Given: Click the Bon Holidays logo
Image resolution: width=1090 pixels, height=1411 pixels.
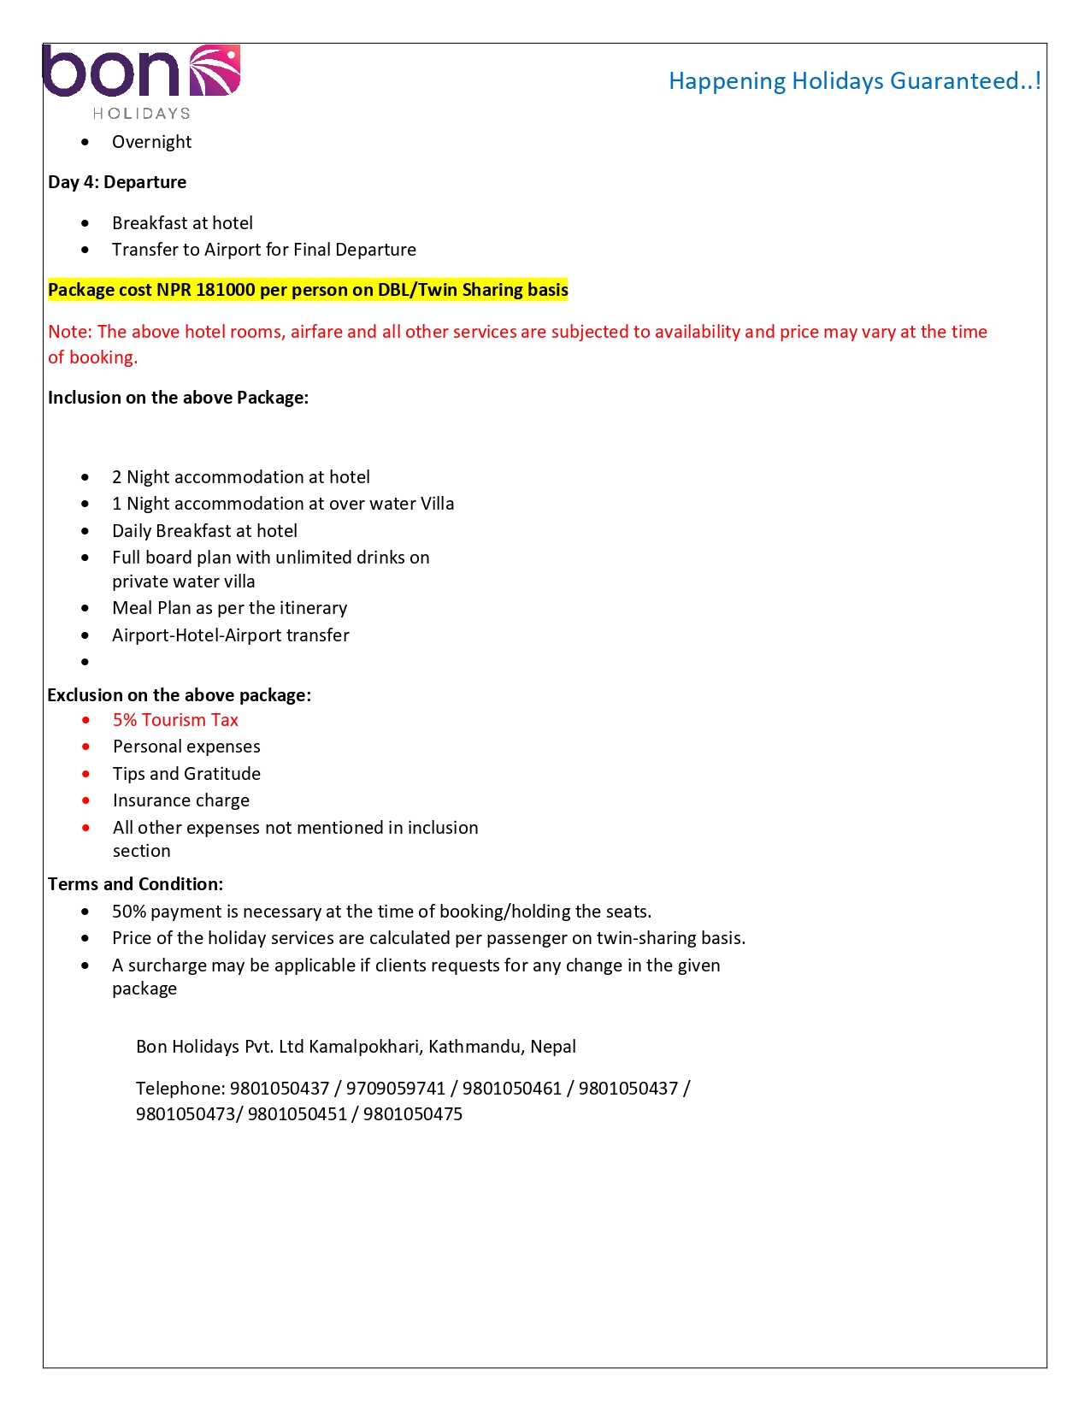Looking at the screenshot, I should [141, 81].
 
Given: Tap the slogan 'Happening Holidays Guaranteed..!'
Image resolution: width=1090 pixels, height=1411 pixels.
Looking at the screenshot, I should [854, 81].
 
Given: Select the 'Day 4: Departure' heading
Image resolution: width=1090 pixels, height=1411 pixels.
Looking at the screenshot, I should [117, 182].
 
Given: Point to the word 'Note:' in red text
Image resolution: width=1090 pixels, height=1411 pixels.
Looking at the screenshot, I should [70, 332].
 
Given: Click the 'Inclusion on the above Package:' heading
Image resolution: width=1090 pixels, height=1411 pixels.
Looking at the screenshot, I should [178, 398].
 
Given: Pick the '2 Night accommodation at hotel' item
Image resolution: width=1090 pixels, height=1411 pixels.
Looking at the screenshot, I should [241, 477].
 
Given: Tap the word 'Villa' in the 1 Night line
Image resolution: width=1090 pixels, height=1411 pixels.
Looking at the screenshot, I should [437, 504].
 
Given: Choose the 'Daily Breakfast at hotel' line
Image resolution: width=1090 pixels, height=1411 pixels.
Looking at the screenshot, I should [204, 531].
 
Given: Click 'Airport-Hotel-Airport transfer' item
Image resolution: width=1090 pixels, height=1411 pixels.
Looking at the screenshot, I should [231, 635].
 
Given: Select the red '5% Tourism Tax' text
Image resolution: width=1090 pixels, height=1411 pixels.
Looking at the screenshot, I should [175, 720].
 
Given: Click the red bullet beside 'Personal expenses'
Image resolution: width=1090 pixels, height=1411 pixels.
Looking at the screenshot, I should [85, 747].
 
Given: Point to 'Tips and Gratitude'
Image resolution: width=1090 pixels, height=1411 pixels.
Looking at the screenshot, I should [186, 774].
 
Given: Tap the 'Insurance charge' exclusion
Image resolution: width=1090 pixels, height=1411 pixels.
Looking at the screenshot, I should [181, 800].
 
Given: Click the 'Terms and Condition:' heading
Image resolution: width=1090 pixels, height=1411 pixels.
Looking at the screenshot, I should [135, 884].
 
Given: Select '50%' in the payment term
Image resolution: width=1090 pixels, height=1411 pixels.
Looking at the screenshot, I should [129, 912].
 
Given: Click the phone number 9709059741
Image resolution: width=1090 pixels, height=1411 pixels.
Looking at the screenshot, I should [396, 1089].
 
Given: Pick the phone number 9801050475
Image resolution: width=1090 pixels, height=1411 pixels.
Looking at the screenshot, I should [413, 1114].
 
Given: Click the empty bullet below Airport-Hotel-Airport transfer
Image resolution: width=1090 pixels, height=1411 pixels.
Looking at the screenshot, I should [85, 662].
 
